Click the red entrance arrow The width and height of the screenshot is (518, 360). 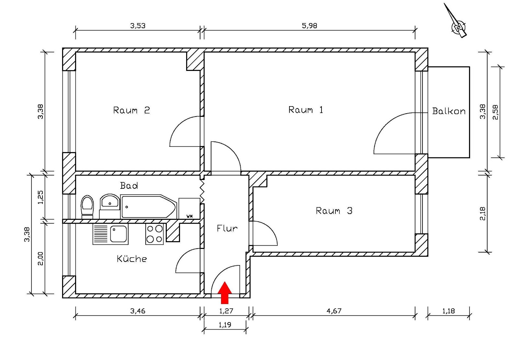224,293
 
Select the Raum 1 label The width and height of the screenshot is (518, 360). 306,110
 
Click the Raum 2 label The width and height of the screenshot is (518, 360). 131,110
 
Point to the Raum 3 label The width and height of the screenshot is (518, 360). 334,211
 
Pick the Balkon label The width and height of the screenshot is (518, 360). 449,111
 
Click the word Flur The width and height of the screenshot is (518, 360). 227,229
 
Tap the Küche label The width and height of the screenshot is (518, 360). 132,259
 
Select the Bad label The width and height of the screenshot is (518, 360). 129,186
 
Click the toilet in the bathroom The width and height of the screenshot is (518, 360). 87,207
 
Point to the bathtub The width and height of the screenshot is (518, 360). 148,207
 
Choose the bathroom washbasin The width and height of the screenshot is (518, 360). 110,202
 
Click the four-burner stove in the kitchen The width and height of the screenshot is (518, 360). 154,234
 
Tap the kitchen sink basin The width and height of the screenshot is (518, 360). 118,234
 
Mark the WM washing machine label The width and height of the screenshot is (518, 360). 189,216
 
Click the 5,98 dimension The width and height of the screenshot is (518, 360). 310,26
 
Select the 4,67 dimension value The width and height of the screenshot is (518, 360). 334,311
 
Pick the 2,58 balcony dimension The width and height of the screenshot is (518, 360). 495,112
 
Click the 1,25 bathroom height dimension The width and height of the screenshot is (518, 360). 40,197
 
